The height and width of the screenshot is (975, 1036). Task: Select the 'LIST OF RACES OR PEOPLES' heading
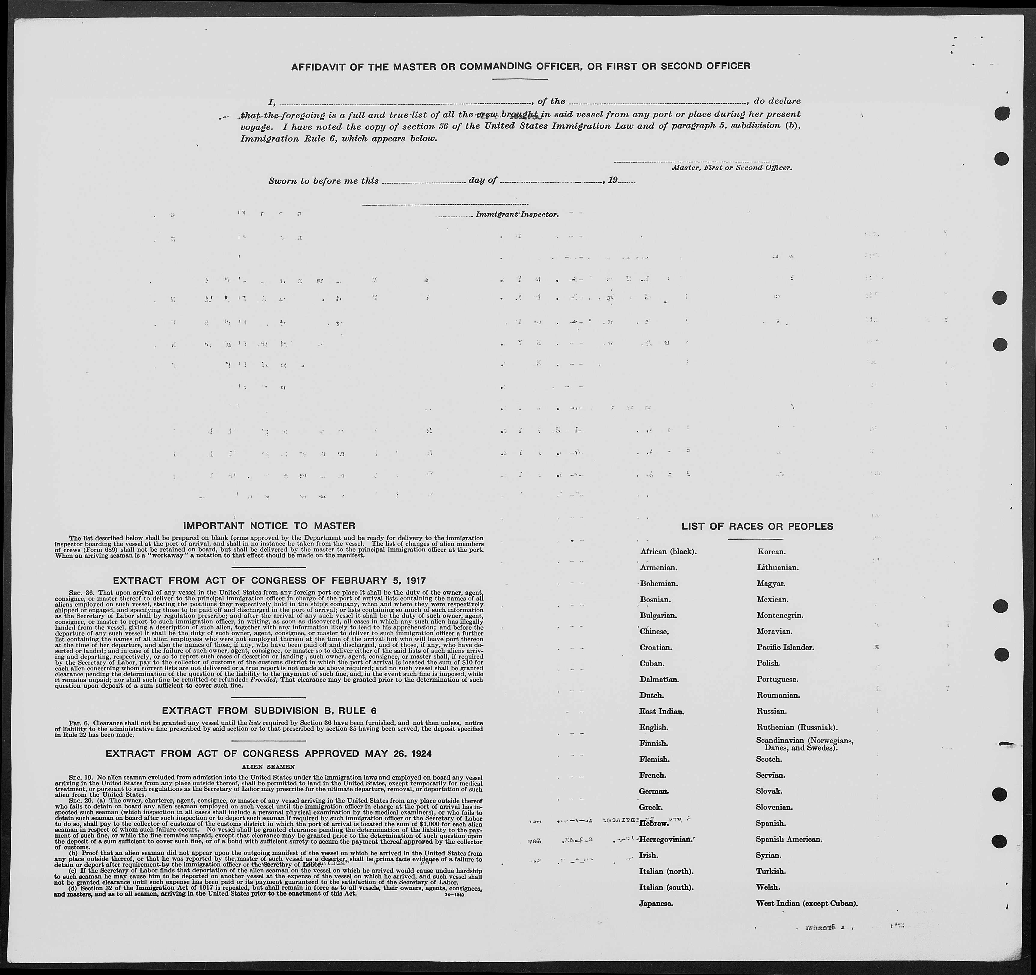click(x=757, y=527)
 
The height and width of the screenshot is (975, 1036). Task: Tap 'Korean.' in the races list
click(x=771, y=551)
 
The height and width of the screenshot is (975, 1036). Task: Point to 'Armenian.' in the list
click(x=659, y=567)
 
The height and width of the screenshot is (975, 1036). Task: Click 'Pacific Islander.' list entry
click(x=785, y=647)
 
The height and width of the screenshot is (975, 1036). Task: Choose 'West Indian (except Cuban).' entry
click(x=807, y=903)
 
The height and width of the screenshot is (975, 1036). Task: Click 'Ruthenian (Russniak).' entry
click(x=797, y=727)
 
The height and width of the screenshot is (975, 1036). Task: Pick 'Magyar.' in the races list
click(x=771, y=583)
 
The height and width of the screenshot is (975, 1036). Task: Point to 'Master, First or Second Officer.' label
click(x=732, y=168)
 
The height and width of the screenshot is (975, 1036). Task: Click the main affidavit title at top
click(x=521, y=66)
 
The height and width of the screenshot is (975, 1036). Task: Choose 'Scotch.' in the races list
click(x=769, y=759)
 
